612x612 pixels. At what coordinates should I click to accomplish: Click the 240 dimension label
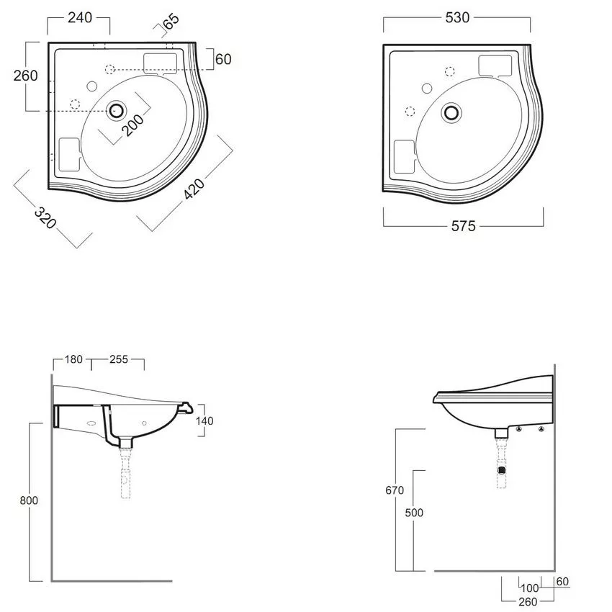[x=80, y=17]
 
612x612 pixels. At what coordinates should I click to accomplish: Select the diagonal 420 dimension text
[x=194, y=189]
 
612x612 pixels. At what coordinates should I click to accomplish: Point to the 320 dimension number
[x=45, y=217]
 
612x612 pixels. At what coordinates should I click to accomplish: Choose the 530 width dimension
[x=457, y=17]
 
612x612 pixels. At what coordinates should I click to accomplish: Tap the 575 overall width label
[x=463, y=226]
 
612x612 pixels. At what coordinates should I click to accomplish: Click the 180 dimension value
[x=73, y=359]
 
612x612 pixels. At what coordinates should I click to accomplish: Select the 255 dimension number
[x=119, y=359]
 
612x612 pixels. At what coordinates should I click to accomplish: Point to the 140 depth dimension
[x=204, y=420]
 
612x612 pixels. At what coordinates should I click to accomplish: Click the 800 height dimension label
[x=29, y=500]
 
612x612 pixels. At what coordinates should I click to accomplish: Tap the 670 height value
[x=395, y=490]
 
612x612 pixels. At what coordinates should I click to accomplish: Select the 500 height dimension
[x=414, y=513]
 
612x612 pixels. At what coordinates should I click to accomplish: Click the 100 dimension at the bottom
[x=530, y=588]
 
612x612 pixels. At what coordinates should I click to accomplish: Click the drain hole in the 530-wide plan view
[x=451, y=112]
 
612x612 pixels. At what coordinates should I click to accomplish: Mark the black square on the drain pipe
[x=502, y=470]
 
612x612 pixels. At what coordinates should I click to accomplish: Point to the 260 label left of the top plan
[x=26, y=76]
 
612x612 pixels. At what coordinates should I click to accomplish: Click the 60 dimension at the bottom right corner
[x=562, y=582]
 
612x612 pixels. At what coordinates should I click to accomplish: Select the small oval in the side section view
[x=91, y=423]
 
